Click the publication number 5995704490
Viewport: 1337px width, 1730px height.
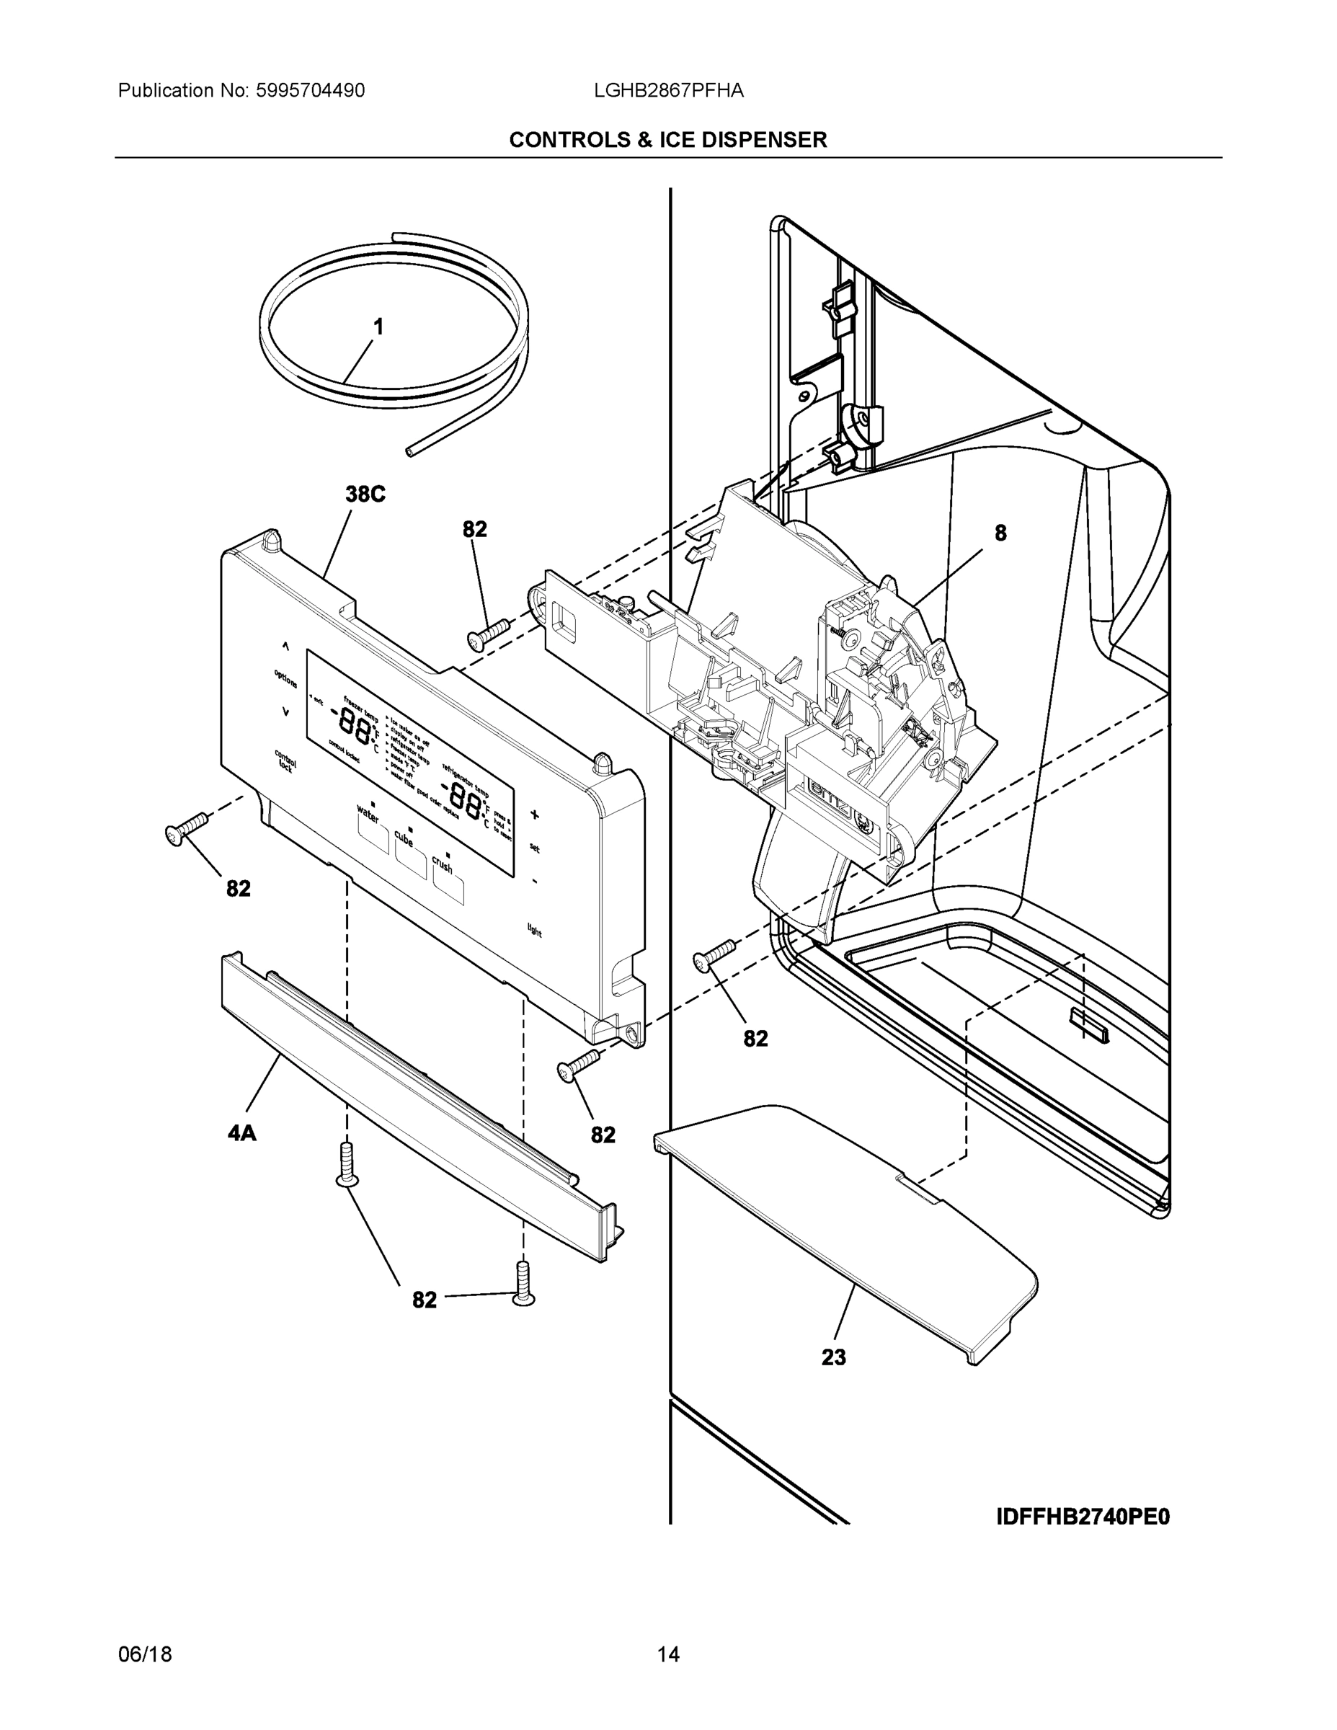point(310,90)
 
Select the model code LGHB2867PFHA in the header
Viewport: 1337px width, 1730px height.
point(669,90)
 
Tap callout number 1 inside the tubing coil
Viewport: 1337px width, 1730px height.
point(378,327)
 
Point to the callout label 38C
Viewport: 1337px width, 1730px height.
point(365,494)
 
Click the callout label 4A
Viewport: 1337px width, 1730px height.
point(241,1134)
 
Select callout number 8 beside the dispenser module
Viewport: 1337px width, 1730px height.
point(1000,533)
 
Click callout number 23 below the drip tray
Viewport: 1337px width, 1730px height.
point(833,1358)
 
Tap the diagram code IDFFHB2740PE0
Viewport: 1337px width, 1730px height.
point(1082,1516)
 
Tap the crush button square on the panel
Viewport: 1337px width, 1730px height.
point(448,890)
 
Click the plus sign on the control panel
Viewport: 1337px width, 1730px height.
point(535,815)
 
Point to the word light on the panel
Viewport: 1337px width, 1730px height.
point(535,930)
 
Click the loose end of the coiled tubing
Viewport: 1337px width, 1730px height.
point(409,451)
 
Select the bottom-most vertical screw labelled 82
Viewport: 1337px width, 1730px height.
point(523,1282)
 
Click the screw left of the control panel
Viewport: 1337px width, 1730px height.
point(185,828)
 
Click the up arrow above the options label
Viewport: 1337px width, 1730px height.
point(286,647)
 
